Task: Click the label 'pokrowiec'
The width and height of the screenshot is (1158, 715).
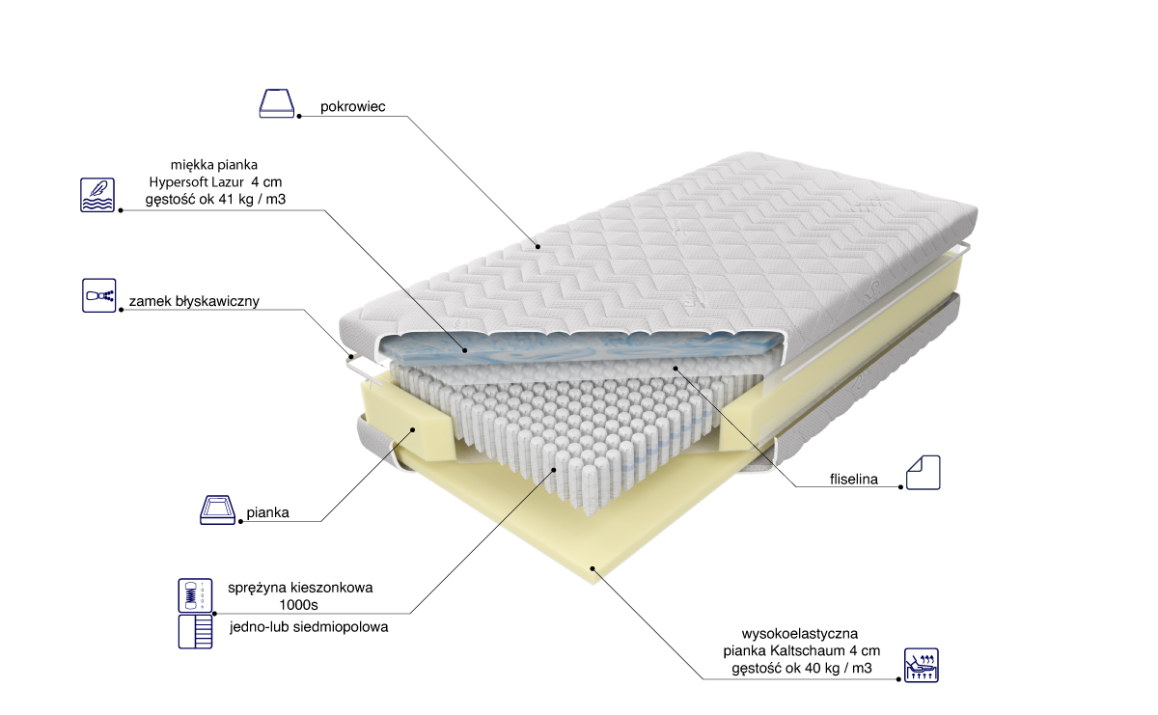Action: click(352, 106)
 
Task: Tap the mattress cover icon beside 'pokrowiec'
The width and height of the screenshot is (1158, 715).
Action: click(277, 103)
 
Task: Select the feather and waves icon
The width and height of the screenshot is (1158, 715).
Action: click(97, 195)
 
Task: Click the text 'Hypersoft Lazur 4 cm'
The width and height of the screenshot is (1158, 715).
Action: click(215, 182)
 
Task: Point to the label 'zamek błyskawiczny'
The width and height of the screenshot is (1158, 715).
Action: click(194, 301)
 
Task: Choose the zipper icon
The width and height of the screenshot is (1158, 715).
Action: click(98, 295)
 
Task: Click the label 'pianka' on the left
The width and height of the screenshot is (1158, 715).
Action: click(267, 512)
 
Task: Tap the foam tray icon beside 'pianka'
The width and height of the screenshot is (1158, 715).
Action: click(218, 509)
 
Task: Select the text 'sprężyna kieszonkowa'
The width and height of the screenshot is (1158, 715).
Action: click(300, 588)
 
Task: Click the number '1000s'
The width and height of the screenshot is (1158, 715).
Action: click(298, 604)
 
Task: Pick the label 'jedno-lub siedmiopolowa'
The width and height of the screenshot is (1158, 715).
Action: click(309, 627)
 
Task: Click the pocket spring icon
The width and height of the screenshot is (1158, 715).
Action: click(195, 595)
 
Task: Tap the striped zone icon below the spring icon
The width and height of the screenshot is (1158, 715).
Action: click(195, 631)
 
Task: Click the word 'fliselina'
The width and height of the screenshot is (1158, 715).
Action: click(853, 480)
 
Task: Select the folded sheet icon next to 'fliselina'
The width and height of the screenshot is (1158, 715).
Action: click(923, 473)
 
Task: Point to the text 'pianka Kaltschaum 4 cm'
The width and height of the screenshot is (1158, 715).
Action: click(801, 650)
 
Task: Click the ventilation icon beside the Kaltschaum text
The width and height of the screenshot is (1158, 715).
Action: click(922, 666)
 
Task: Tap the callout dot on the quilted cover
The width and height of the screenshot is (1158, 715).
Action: click(538, 247)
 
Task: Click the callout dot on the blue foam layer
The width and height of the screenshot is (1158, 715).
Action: click(465, 350)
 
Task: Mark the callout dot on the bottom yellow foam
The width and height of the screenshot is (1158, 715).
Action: click(593, 568)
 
